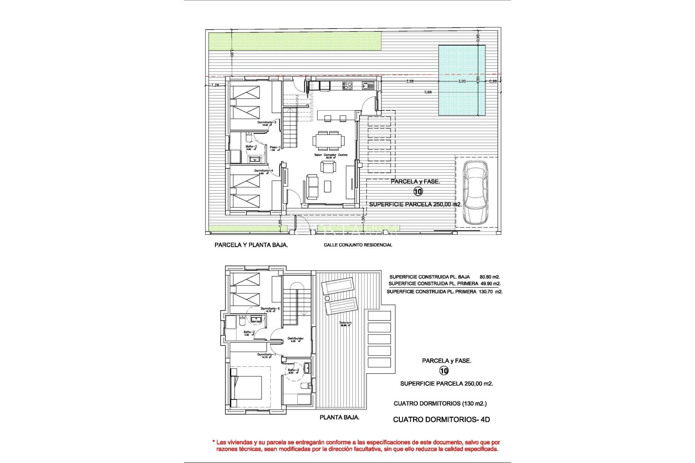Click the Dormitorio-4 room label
[264, 171]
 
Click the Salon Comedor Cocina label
[330, 155]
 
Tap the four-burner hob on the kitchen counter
[347, 85]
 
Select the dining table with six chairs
[329, 141]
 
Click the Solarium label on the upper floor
[345, 323]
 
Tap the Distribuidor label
[295, 339]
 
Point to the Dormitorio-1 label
[266, 354]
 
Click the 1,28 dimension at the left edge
[215, 85]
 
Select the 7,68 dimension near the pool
[428, 92]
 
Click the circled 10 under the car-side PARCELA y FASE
[418, 191]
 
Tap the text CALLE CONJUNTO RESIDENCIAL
[358, 245]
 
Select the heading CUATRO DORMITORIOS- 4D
[441, 420]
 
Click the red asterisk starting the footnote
[214, 442]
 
